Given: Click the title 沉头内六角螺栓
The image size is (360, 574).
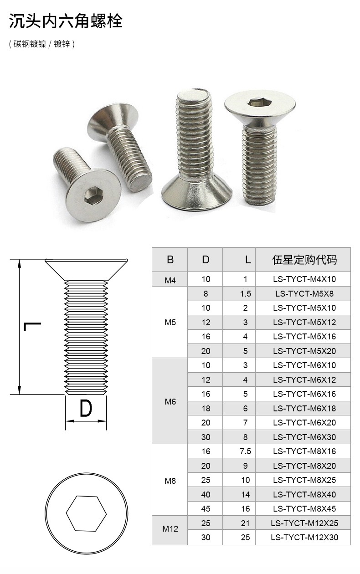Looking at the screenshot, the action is click(66, 21).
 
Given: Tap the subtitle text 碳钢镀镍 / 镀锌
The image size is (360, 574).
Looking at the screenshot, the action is click(41, 44).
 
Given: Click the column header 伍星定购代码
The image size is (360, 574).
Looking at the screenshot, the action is click(304, 260).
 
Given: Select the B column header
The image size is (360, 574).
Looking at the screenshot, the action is click(170, 260).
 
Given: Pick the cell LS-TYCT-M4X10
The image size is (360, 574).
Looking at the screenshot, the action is click(304, 279).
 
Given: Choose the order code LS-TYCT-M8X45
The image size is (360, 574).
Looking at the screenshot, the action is click(304, 509).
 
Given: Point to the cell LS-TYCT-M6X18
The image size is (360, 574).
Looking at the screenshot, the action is click(304, 408).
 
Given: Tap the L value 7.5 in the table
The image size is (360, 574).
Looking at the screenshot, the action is click(245, 451).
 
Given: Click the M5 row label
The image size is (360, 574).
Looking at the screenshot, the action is click(170, 322).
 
